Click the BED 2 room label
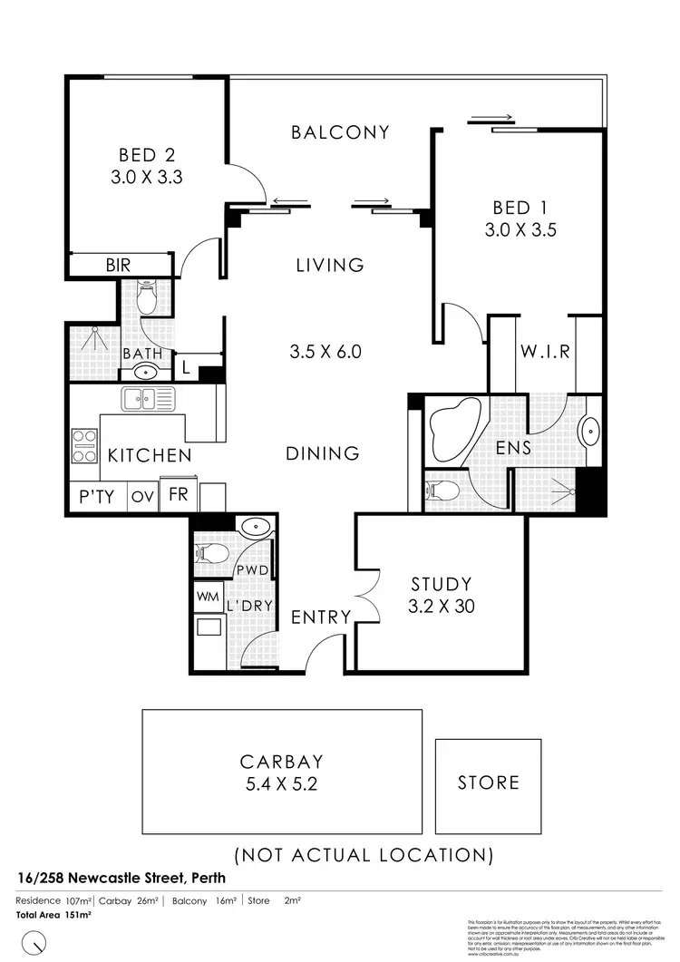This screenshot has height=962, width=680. [147, 155]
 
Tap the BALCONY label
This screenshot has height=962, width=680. [340, 132]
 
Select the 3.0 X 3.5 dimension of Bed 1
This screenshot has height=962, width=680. [520, 230]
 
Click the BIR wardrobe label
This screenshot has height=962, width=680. [119, 266]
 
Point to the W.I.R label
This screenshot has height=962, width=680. [545, 352]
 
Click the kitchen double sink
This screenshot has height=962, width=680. [148, 397]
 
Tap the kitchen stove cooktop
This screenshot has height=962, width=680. [85, 445]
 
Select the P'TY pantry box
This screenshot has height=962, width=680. [95, 497]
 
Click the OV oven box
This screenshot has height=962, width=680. [142, 497]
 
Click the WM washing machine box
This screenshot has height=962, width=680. [207, 598]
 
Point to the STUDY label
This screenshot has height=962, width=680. [441, 583]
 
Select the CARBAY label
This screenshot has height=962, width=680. [281, 762]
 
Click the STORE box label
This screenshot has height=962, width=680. [489, 782]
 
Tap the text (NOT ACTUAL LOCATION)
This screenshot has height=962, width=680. [364, 854]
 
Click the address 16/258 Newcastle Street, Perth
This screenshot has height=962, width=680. [121, 879]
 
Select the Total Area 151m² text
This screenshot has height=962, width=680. [54, 915]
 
